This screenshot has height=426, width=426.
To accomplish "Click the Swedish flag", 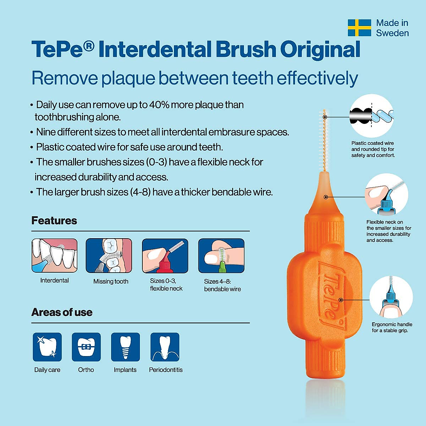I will click(x=359, y=28).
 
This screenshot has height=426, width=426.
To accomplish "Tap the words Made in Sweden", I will click(x=392, y=28).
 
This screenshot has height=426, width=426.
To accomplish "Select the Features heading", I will click(x=54, y=220).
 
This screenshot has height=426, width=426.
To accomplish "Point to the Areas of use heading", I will click(x=62, y=312).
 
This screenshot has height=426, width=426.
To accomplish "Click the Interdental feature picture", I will click(x=54, y=256).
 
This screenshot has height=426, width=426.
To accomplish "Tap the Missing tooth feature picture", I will click(x=109, y=256).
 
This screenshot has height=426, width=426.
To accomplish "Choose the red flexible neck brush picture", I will click(x=165, y=256).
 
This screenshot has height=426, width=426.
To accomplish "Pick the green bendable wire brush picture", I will click(x=221, y=256).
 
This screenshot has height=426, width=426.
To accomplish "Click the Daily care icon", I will click(x=47, y=347).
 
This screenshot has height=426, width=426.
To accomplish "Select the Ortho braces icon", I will click(x=86, y=347).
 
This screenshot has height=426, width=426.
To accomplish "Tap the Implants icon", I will click(x=125, y=347).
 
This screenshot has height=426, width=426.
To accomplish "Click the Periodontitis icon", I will click(x=165, y=347).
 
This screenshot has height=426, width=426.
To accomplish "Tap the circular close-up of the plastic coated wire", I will click(x=372, y=116).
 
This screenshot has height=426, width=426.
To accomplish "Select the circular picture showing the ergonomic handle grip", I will click(x=391, y=297).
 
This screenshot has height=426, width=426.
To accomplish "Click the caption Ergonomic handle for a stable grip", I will click(x=392, y=327).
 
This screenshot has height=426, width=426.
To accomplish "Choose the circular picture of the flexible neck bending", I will click(x=387, y=195).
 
